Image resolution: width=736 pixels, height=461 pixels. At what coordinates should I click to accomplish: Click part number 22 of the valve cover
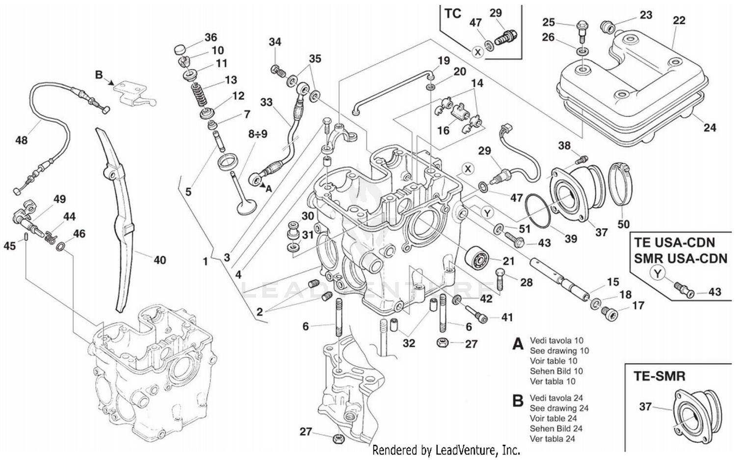pyautogui.click(x=679, y=20)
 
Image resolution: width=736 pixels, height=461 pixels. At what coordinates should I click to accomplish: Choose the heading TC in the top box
pyautogui.click(x=452, y=13)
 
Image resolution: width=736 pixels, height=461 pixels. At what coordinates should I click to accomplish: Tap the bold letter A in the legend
pyautogui.click(x=517, y=344)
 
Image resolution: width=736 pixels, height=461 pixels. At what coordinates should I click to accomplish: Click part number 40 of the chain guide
pyautogui.click(x=160, y=260)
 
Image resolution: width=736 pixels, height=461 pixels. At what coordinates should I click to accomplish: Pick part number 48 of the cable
pyautogui.click(x=22, y=140)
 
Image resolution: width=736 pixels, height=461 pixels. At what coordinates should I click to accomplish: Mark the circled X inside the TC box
pyautogui.click(x=477, y=51)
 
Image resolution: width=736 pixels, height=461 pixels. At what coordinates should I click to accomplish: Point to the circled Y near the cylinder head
pyautogui.click(x=487, y=213)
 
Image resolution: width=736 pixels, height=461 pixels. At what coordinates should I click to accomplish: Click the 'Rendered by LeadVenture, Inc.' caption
pyautogui.click(x=446, y=450)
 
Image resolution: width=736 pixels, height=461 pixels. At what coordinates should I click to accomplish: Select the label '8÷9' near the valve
pyautogui.click(x=257, y=134)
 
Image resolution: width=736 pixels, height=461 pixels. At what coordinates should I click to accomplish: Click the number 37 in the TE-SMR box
pyautogui.click(x=646, y=407)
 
